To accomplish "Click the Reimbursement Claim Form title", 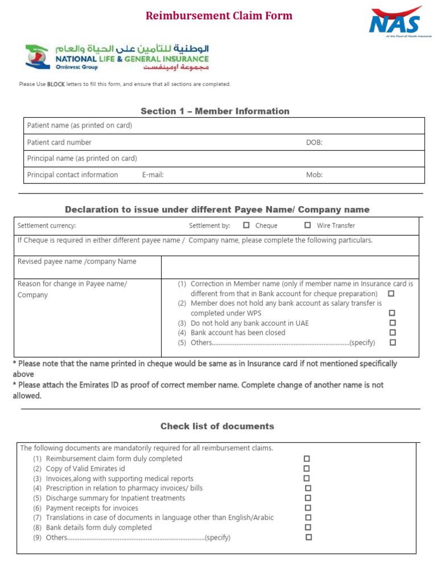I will [x=219, y=16].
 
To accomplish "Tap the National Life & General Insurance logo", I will [x=117, y=58].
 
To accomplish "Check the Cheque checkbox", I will [x=246, y=225].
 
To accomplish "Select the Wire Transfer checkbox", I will [x=308, y=225].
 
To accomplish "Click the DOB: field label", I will [x=314, y=142].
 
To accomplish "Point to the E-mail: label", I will [x=152, y=175].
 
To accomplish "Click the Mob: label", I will [x=314, y=175].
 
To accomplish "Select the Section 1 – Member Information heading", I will [x=215, y=111].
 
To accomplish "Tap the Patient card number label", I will [x=59, y=142].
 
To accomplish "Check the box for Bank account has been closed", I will [x=392, y=332].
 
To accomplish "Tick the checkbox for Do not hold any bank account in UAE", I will [x=392, y=323].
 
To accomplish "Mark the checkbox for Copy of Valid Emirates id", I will [x=307, y=469].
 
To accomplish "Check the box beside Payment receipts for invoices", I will [x=308, y=508].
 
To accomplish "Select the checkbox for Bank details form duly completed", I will [x=308, y=527].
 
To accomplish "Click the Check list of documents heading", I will [x=217, y=426].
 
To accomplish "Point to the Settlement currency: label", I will [x=47, y=225].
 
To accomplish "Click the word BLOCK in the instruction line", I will [x=56, y=84].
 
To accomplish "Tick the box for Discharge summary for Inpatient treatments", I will [x=308, y=498].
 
